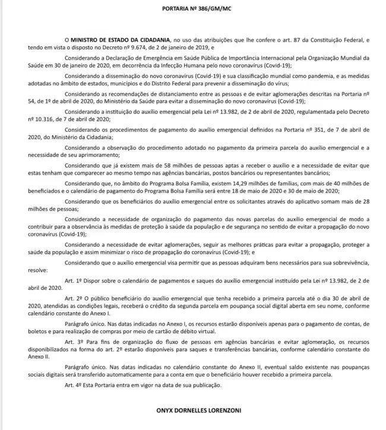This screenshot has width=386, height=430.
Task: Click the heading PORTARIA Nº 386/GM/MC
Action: [x=192, y=8]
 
